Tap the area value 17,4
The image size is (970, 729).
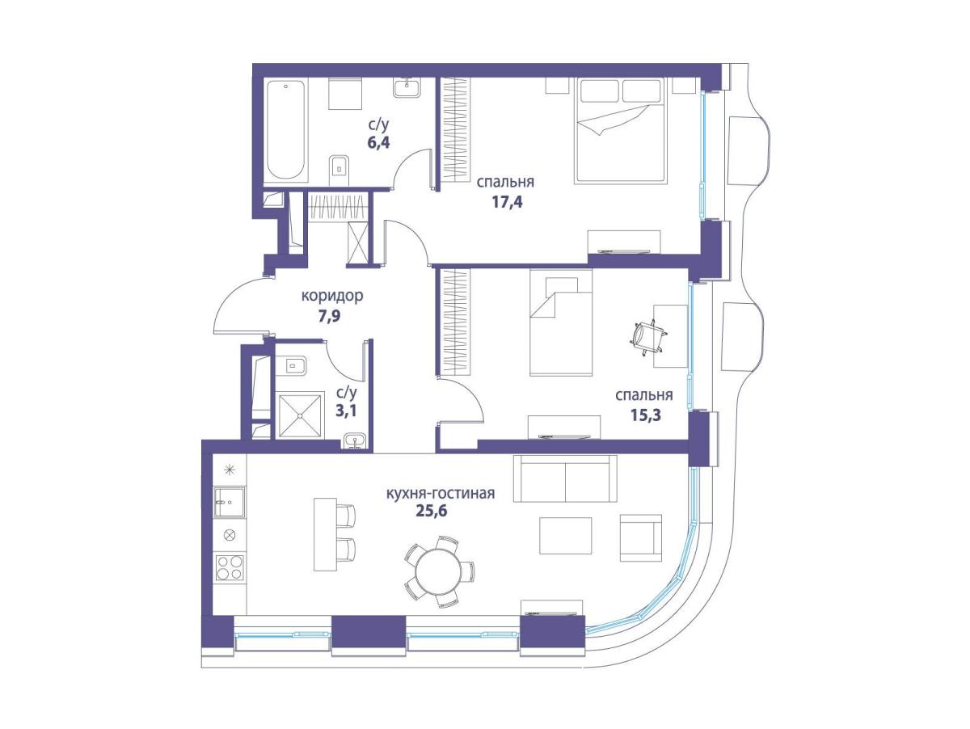(x=507, y=202)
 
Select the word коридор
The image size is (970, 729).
(x=332, y=296)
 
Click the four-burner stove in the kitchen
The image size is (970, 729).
(x=230, y=567)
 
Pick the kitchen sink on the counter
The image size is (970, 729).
(x=230, y=502)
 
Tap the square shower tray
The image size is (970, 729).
(x=300, y=415)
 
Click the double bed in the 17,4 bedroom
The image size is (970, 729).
(x=620, y=130)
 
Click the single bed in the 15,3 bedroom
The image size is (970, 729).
(x=561, y=322)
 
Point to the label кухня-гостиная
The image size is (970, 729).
(x=441, y=493)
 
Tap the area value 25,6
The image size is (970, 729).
(x=432, y=511)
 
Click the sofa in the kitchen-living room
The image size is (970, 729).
(x=565, y=478)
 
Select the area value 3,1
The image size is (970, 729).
(x=346, y=411)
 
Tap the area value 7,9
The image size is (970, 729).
(x=330, y=316)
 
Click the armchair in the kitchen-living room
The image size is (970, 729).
(x=640, y=537)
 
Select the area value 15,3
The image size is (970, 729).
(x=645, y=415)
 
